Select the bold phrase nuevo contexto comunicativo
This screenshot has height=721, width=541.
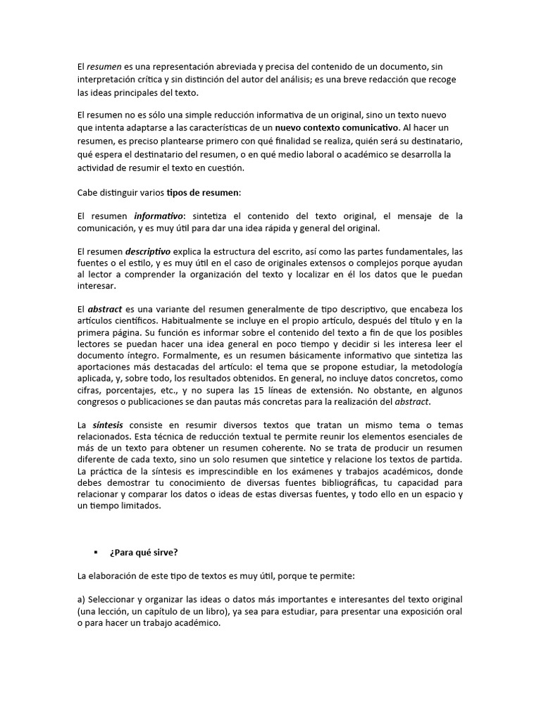click(x=336, y=128)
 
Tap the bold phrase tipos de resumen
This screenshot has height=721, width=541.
click(x=203, y=192)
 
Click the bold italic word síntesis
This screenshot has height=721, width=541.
click(x=108, y=426)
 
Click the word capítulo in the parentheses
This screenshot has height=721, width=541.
click(x=158, y=611)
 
